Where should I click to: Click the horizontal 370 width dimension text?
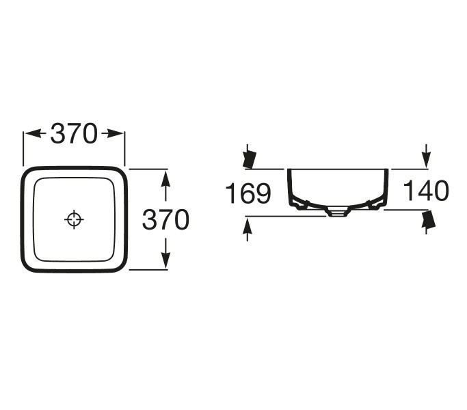pos(74,133)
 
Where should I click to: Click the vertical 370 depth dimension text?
pos(165,219)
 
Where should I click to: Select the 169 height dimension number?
pos(248,193)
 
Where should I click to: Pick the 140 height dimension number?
pos(425,190)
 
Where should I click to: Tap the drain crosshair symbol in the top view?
pos(74,219)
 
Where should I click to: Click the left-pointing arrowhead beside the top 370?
pos(34,133)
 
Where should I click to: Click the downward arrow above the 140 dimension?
pos(426,156)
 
